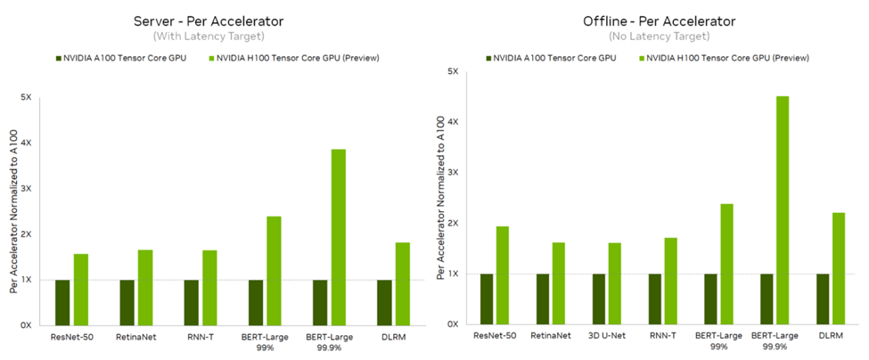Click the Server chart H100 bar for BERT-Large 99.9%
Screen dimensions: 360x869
(x=338, y=237)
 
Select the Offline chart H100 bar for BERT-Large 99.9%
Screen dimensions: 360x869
(x=783, y=210)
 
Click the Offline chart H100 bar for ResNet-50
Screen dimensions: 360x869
(x=504, y=275)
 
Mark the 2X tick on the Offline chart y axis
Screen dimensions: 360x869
(x=454, y=223)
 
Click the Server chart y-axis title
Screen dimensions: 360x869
(x=13, y=209)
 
